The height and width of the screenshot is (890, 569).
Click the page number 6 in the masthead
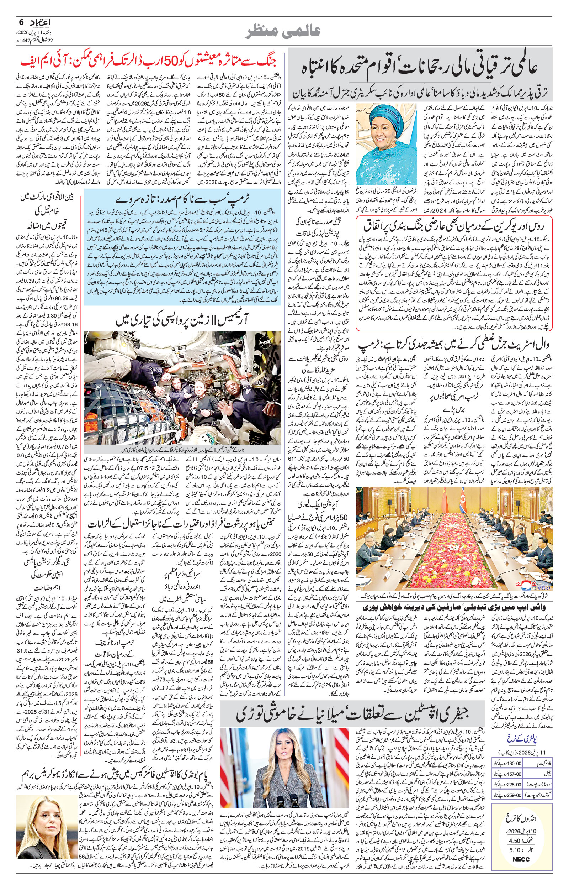(x=21, y=22)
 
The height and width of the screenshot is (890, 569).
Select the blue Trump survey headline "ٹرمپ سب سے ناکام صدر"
(x=183, y=199)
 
